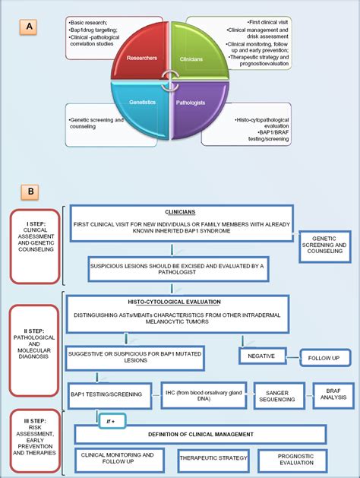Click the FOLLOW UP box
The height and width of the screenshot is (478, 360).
[324, 357]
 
